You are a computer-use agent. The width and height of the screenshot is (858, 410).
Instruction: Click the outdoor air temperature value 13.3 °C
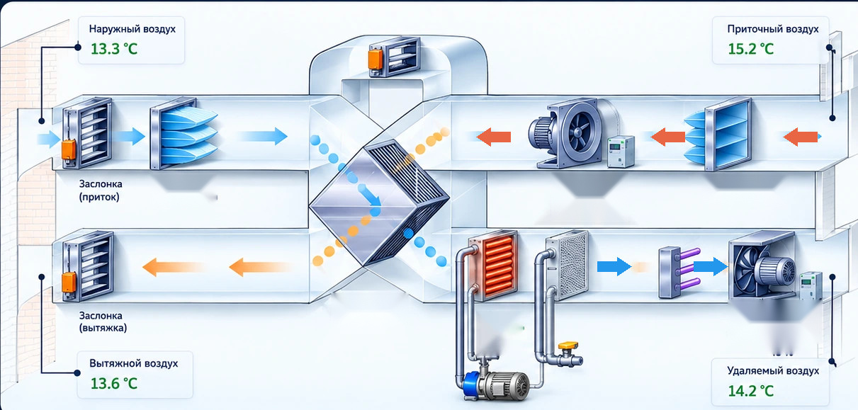114,49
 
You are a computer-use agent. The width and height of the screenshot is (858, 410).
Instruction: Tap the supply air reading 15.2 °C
751,49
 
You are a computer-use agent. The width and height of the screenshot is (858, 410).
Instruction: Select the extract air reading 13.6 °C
114,383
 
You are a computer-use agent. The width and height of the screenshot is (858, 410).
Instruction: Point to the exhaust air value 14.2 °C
751,391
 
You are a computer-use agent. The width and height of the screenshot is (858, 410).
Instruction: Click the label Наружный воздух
132,29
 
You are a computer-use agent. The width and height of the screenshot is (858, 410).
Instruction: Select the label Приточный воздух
773,29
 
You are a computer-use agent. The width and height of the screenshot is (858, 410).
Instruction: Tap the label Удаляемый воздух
773,370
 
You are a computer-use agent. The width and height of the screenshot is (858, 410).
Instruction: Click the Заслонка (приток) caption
101,190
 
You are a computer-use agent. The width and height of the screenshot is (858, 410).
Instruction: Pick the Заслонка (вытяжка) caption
103,321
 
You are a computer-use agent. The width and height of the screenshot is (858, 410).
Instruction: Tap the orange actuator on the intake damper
69,149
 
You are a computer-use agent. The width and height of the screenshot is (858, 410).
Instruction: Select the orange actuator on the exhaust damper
69,283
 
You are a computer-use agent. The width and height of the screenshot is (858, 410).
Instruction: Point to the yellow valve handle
568,346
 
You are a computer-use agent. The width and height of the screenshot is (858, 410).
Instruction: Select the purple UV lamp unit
679,273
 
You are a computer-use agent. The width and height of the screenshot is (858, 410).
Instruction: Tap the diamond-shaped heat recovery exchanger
379,203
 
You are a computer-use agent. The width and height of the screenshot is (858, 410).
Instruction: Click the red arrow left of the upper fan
494,137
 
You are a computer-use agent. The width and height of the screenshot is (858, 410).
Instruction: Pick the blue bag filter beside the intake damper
184,132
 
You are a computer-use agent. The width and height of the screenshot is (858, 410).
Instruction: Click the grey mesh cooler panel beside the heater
568,265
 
